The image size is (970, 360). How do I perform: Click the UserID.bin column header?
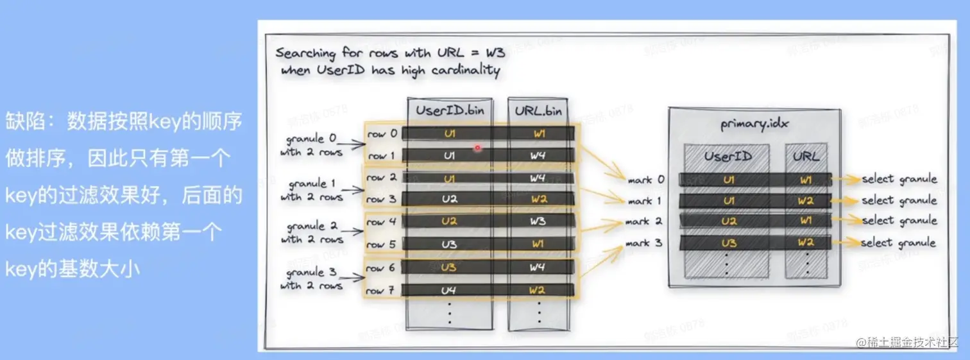click(x=449, y=110)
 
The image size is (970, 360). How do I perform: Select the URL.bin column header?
click(x=538, y=110)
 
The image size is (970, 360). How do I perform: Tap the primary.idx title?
click(x=754, y=123)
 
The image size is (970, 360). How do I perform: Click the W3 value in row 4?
click(x=538, y=221)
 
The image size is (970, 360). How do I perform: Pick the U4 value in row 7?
click(x=449, y=291)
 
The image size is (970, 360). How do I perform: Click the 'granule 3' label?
click(x=311, y=273)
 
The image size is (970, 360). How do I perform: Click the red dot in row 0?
click(x=477, y=148)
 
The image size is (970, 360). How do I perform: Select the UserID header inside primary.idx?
click(x=727, y=156)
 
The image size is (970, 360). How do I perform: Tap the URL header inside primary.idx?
click(x=806, y=156)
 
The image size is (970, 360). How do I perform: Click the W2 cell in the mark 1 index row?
click(x=805, y=200)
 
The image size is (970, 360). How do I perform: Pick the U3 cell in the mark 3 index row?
click(x=729, y=243)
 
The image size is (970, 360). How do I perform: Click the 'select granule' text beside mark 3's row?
click(x=898, y=243)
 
